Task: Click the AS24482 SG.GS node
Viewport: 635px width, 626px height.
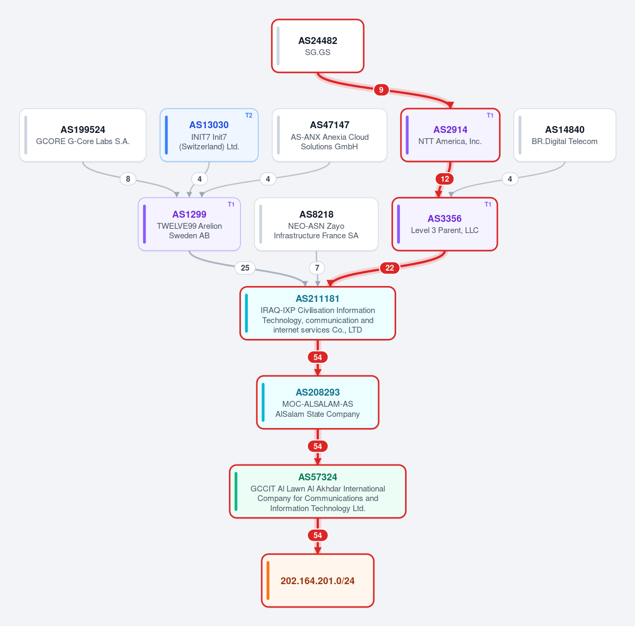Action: (x=318, y=46)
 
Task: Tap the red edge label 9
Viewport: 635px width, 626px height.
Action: (x=381, y=90)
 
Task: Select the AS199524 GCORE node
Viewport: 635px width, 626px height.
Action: (x=83, y=135)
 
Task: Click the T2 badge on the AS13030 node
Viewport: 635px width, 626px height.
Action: (x=249, y=115)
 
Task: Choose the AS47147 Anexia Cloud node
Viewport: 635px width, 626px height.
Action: (x=329, y=135)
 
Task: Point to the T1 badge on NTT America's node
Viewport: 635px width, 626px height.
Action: (x=490, y=115)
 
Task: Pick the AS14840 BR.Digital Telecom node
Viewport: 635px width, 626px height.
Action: (x=565, y=135)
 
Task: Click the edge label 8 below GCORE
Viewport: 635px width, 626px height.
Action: (x=128, y=179)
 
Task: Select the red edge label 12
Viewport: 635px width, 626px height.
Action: (x=445, y=179)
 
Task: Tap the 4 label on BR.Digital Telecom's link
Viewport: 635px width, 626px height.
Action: (x=510, y=179)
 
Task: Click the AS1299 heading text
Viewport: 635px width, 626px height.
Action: (x=189, y=214)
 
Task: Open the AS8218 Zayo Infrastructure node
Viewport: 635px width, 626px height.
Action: (x=316, y=225)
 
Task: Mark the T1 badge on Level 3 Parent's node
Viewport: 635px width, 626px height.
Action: (x=488, y=204)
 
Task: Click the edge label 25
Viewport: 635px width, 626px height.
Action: (x=245, y=268)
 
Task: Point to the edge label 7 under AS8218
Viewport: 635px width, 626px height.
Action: (x=317, y=268)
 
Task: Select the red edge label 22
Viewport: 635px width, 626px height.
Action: (x=390, y=268)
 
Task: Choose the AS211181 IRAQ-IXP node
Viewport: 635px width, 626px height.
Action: (x=318, y=314)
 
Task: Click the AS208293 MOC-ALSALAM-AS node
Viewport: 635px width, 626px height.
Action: (x=318, y=403)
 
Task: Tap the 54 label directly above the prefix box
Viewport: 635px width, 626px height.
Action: (x=318, y=535)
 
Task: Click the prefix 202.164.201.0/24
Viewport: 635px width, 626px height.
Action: (x=318, y=580)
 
